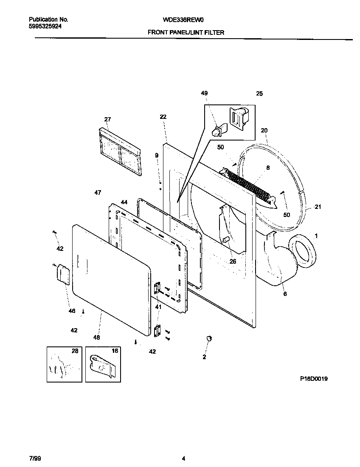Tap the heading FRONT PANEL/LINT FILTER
(186, 32)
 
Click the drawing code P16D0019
(314, 378)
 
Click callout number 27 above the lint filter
(107, 119)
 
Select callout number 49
(205, 93)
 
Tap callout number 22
(163, 117)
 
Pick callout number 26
(233, 262)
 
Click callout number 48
(97, 338)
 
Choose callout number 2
(204, 357)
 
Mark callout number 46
(72, 311)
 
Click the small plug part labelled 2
(208, 338)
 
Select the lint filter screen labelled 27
(120, 151)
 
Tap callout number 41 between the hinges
(158, 307)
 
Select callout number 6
(285, 293)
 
